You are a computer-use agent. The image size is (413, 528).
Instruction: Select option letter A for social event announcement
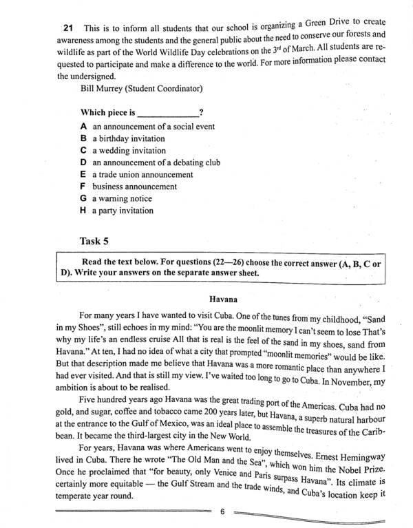point(83,127)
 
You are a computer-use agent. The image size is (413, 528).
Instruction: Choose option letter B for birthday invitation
point(83,138)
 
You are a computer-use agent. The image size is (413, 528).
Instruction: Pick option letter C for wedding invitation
point(83,150)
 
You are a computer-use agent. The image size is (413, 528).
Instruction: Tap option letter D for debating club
point(83,162)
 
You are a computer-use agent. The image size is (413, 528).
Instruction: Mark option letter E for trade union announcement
point(83,174)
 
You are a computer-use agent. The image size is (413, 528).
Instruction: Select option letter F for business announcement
point(83,186)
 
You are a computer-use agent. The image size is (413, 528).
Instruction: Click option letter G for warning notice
point(83,198)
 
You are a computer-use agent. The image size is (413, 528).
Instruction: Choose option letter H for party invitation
point(83,210)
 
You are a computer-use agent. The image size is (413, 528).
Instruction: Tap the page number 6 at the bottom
point(222,511)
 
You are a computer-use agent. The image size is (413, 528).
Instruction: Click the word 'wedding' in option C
point(114,150)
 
